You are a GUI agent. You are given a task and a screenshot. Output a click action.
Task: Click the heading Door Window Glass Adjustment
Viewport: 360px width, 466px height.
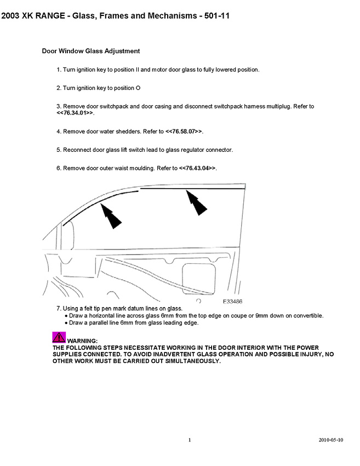[x=91, y=51]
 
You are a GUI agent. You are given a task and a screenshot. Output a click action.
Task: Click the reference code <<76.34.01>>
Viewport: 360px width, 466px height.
[x=75, y=113]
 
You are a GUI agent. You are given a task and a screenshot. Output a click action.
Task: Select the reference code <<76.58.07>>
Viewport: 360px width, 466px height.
[x=184, y=132]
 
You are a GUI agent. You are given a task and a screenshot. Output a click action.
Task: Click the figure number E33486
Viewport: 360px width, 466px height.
[x=233, y=302]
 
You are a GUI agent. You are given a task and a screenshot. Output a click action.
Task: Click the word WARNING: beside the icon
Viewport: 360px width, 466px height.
[x=82, y=341]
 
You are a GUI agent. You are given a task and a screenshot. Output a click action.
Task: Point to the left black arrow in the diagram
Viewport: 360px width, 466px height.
[x=112, y=217]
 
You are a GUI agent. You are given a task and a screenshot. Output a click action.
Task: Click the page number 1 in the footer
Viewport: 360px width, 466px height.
[x=189, y=440]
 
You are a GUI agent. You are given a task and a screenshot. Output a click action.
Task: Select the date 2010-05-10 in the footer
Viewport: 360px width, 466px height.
[x=332, y=440]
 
